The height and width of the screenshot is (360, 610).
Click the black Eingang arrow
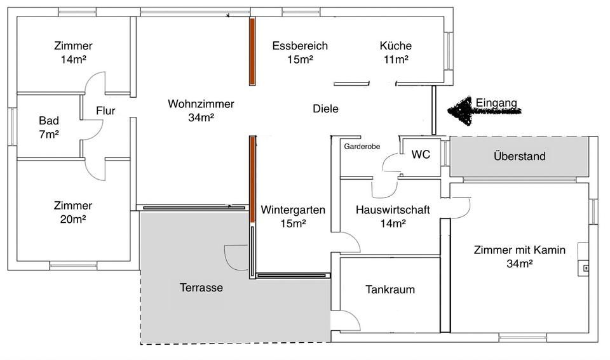[483, 112]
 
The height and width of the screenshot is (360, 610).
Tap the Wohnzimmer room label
[201, 110]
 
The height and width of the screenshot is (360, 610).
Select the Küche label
[395, 52]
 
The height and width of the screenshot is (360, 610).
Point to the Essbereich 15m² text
[300, 52]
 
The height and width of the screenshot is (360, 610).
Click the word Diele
[325, 109]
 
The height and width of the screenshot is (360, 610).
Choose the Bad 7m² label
[49, 127]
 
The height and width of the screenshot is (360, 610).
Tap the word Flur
[105, 111]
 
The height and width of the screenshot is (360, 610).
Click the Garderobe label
[362, 146]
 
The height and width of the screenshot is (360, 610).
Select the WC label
[421, 154]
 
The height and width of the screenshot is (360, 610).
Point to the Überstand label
[519, 156]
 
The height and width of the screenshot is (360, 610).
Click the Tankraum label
[390, 290]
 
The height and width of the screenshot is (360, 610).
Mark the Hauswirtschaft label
[393, 216]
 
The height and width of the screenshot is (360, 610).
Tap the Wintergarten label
[293, 216]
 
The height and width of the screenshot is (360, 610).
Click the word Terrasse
[201, 288]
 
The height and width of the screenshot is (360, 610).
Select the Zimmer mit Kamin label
[519, 256]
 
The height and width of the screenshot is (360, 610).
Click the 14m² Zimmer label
[73, 52]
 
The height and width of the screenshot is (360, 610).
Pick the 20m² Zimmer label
[73, 212]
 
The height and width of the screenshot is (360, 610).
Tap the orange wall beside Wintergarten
[252, 178]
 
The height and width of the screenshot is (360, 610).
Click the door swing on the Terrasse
[235, 257]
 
